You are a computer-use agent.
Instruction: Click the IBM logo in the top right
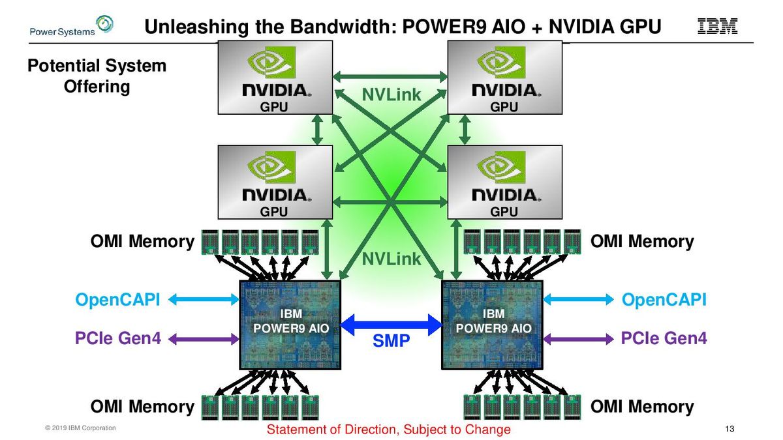(717, 26)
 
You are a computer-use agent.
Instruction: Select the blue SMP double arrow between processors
(391, 321)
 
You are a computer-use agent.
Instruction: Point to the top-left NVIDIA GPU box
(275, 76)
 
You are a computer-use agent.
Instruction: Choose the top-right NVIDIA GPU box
(504, 76)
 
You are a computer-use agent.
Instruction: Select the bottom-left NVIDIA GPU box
(275, 181)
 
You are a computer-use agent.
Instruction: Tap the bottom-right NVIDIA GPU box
(504, 181)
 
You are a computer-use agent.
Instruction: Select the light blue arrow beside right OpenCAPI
(578, 300)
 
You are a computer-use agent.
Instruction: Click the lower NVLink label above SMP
(391, 259)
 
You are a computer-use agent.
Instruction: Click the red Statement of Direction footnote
(389, 430)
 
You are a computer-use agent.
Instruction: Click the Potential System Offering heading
(97, 76)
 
